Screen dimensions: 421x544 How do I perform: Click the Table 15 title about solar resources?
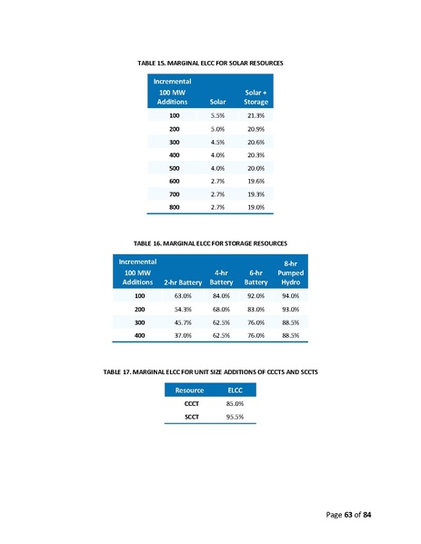[x=210, y=63]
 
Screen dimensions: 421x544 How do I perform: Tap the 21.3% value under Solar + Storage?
[x=256, y=116]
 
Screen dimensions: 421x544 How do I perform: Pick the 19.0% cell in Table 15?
[x=256, y=207]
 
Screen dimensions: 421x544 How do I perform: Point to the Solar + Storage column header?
[x=256, y=97]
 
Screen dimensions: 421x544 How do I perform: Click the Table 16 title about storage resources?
[x=210, y=243]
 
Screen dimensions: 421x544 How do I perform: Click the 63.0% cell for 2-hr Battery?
[x=183, y=296]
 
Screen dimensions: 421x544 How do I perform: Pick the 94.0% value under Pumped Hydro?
[x=290, y=296]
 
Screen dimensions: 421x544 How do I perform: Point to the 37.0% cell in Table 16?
[x=183, y=335]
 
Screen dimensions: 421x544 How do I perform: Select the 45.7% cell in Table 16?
[x=183, y=322]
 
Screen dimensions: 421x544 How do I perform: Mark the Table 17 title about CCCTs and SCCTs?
[x=210, y=373]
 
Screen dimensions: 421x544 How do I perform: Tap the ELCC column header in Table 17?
[x=234, y=391]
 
